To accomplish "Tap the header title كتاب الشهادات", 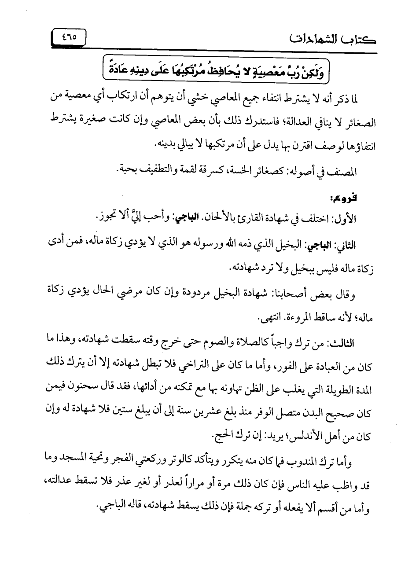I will (x=335, y=38).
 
